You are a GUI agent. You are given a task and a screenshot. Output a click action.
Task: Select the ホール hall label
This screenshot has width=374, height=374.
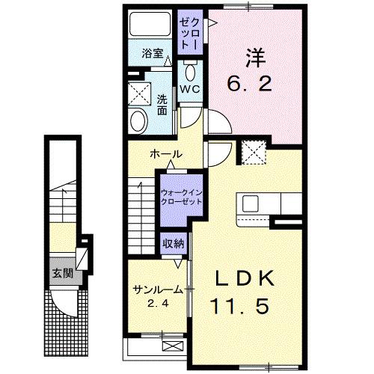(x=165, y=154)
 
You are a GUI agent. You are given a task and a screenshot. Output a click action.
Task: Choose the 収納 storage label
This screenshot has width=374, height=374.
(x=173, y=243)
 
